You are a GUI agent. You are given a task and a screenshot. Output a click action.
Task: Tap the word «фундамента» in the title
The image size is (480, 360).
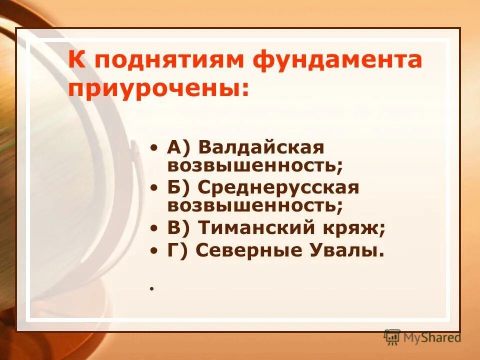(337, 60)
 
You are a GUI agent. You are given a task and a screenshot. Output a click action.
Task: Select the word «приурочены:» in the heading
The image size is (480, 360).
(158, 88)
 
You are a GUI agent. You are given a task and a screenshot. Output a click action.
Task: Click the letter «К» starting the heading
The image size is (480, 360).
(76, 60)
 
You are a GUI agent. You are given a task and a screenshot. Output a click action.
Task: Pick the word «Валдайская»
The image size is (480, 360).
(261, 147)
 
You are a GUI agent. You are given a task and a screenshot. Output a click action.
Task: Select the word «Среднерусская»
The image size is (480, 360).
(278, 188)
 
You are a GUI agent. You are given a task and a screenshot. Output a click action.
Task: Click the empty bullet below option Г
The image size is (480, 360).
(150, 289)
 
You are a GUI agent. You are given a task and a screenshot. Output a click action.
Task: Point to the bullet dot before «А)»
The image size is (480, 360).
(156, 148)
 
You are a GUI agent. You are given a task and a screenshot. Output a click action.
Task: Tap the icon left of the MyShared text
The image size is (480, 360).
(392, 337)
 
